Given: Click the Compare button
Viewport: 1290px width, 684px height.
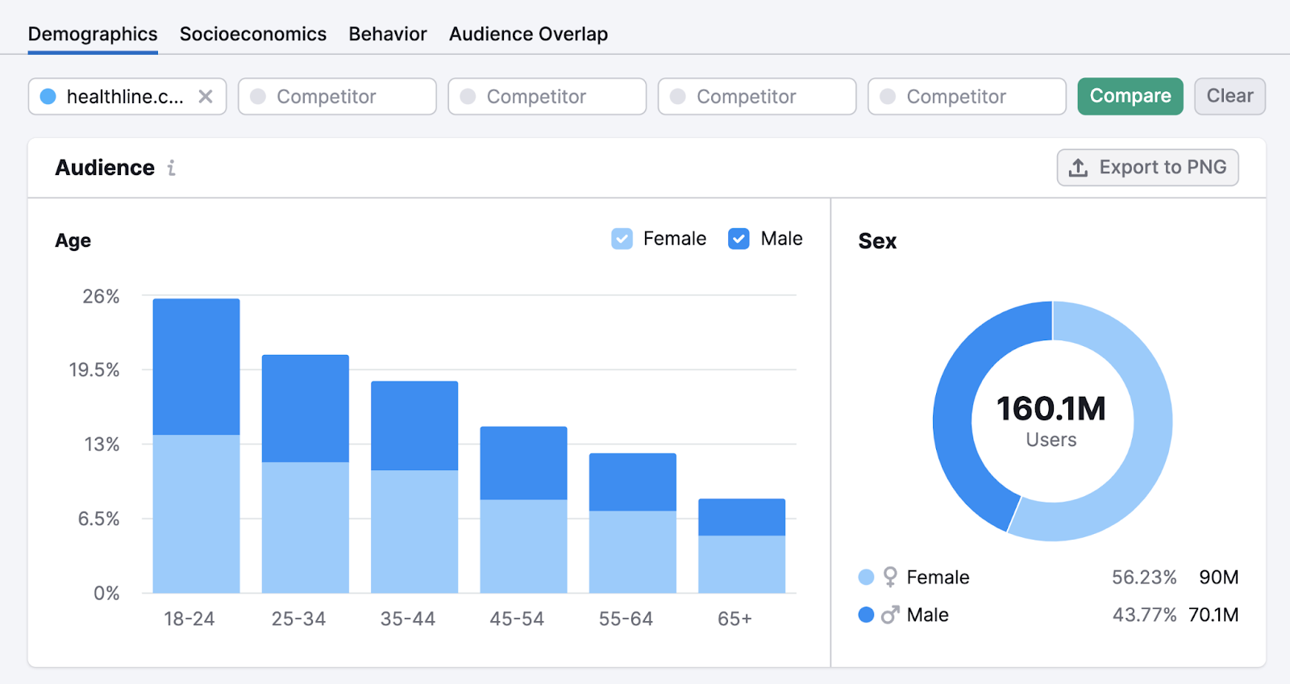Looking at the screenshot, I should tap(1130, 96).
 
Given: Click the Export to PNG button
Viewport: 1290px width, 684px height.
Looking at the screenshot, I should tap(1147, 168).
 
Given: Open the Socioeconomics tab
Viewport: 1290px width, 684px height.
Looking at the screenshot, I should tap(252, 34).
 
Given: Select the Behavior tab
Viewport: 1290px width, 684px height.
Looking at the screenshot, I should tap(387, 34).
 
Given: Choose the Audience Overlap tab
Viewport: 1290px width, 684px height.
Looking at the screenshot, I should tap(528, 34).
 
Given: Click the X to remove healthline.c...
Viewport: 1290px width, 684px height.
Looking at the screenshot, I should tap(206, 97).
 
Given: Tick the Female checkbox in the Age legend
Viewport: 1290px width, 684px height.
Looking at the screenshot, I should tap(622, 239).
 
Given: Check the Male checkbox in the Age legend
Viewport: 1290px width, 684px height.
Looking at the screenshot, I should tap(739, 239).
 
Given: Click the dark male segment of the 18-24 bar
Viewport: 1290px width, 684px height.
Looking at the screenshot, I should tap(196, 367).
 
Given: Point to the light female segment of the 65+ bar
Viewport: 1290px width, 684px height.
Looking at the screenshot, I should tap(741, 564).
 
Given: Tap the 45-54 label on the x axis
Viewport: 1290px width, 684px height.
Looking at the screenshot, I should tap(517, 619).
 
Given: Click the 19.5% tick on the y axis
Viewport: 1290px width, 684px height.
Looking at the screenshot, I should tap(94, 370).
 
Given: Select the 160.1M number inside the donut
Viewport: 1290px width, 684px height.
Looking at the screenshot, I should tap(1051, 409).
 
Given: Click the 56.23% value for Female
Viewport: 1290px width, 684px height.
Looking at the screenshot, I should tap(1143, 578).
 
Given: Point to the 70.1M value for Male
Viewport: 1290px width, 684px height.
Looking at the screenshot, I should tap(1213, 615).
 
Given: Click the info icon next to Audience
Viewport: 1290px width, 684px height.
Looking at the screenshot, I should tap(171, 168).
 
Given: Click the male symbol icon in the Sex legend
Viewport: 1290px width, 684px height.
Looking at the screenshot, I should tap(889, 615).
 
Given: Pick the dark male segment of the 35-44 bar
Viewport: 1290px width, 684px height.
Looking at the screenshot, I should tap(414, 425).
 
